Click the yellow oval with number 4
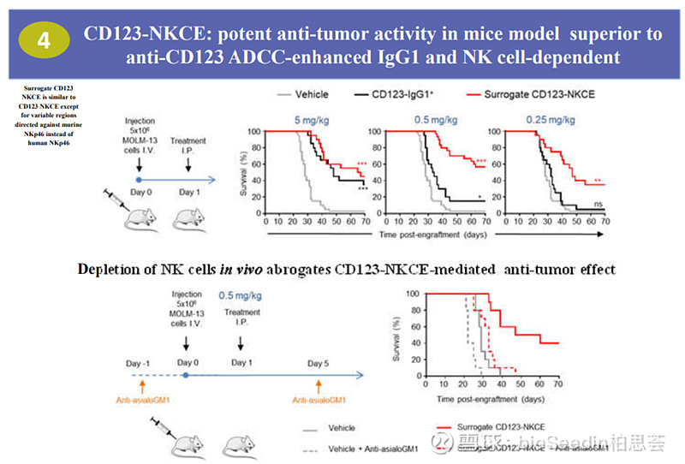point(42,40)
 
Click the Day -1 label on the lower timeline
point(139,363)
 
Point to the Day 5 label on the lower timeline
point(319,363)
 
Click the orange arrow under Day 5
point(319,385)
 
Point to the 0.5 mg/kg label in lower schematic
point(241,296)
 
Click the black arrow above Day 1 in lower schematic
point(241,342)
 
